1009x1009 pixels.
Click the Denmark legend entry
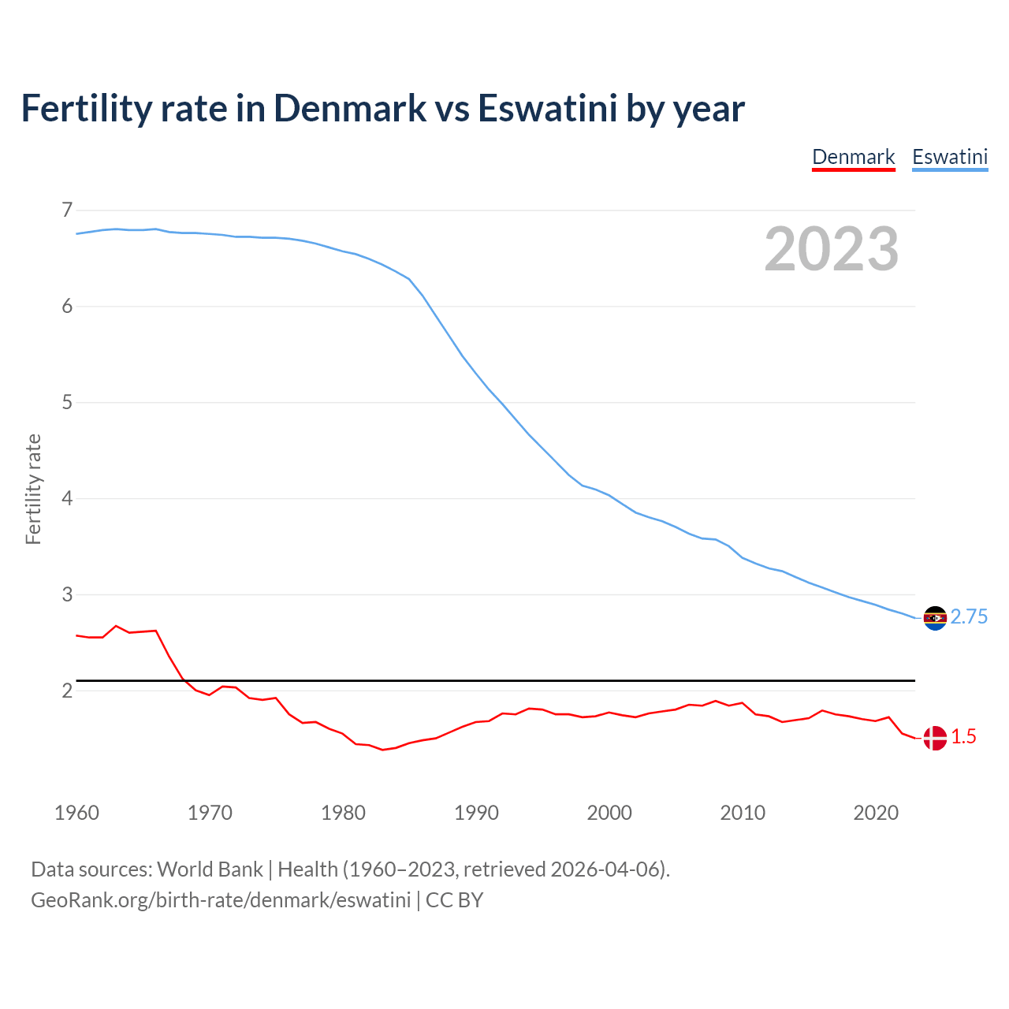click(x=854, y=158)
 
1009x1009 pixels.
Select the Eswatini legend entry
click(x=950, y=158)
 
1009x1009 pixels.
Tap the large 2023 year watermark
click(x=832, y=249)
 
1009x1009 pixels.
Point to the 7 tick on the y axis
click(x=67, y=210)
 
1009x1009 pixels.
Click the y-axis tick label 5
click(x=67, y=402)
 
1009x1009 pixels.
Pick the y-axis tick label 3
click(x=67, y=594)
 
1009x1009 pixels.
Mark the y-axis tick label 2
click(x=67, y=691)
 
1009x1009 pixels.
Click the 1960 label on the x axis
click(x=76, y=813)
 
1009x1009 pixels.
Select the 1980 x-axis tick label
click(x=343, y=813)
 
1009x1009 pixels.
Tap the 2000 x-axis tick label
click(x=609, y=813)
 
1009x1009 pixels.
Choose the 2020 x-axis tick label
click(x=876, y=813)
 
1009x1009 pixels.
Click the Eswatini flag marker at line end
click(x=935, y=618)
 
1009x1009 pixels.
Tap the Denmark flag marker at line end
click(x=935, y=738)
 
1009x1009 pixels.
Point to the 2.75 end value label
click(x=969, y=617)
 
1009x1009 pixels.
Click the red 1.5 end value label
click(x=963, y=737)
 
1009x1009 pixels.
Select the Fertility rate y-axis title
click(x=33, y=489)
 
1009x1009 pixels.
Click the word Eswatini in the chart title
click(x=547, y=109)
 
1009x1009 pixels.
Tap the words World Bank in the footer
click(x=210, y=869)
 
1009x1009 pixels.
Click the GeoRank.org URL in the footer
click(x=221, y=900)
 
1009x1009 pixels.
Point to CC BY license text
click(x=454, y=900)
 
